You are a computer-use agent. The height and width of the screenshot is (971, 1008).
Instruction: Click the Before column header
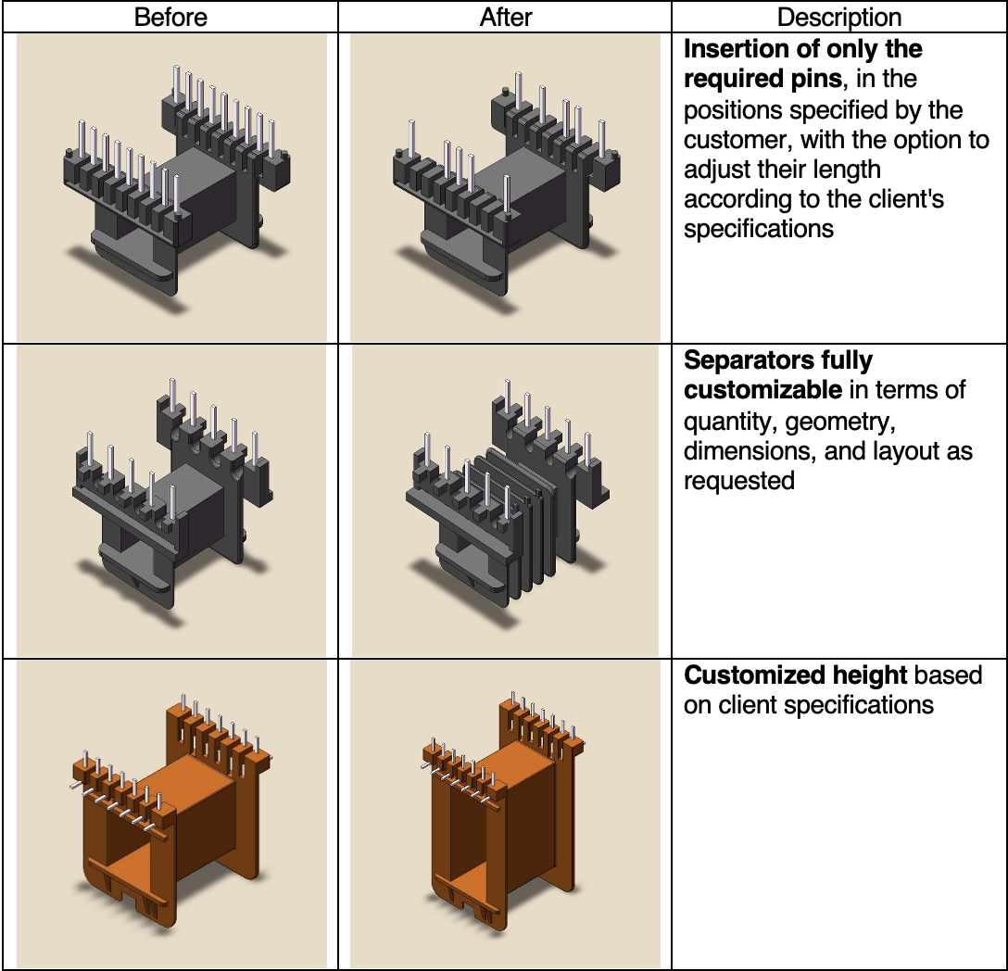point(170,18)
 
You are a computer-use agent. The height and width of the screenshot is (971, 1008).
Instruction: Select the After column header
point(505,18)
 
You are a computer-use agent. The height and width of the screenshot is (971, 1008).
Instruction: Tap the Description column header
point(839,18)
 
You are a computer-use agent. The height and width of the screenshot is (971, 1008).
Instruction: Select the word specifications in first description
point(759,229)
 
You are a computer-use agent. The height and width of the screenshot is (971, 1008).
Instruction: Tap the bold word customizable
point(762,390)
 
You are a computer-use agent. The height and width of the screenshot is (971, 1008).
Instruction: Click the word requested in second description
point(739,481)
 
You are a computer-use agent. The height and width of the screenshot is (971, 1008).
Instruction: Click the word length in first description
point(847,170)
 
